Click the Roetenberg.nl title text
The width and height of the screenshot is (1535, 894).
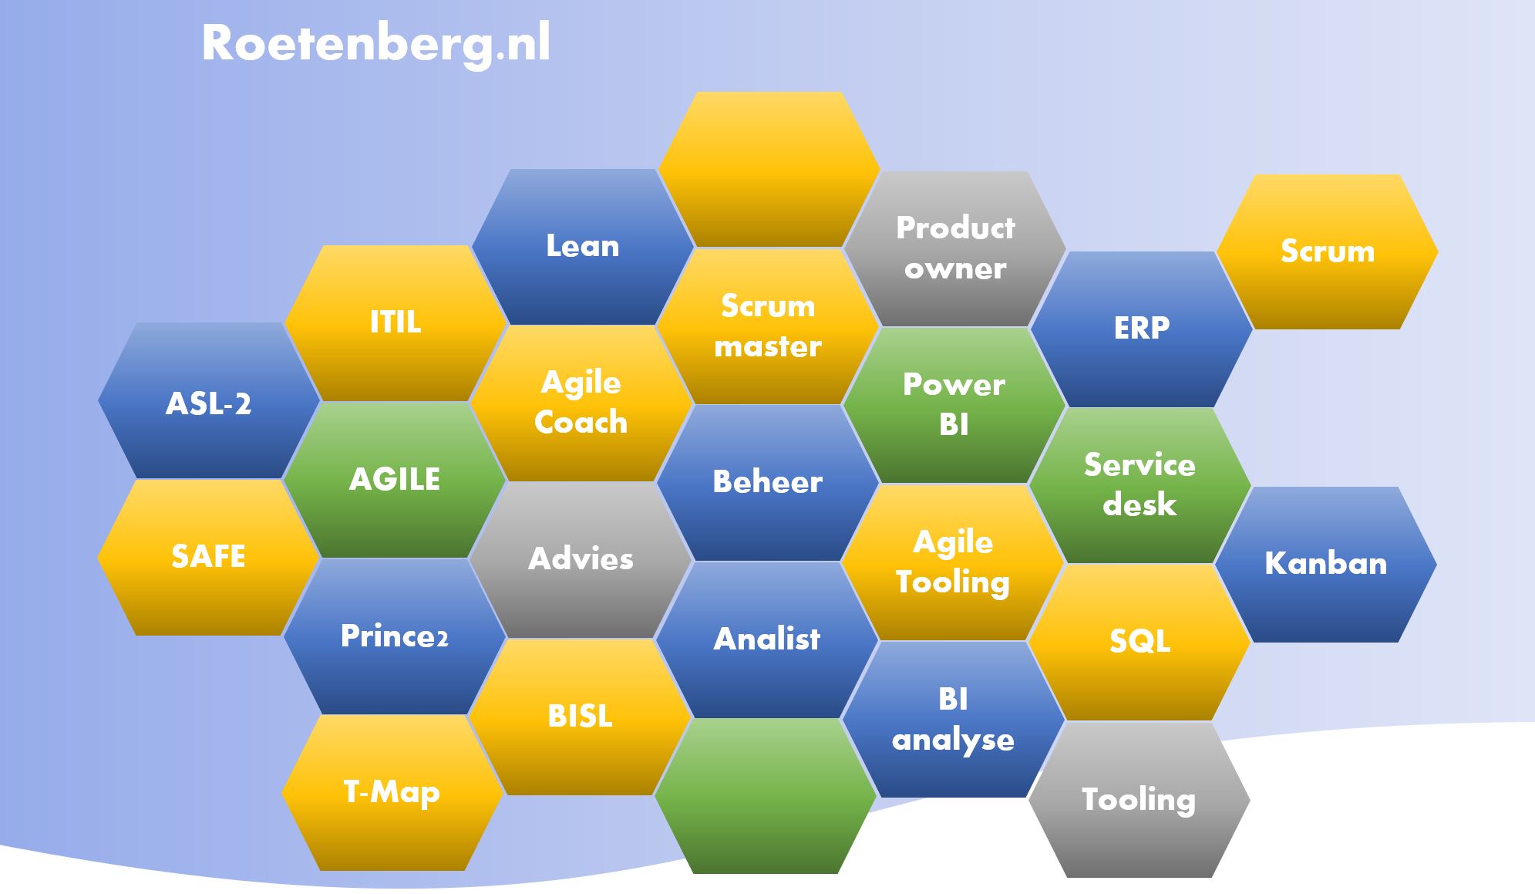(375, 43)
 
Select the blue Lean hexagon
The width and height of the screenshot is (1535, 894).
(583, 247)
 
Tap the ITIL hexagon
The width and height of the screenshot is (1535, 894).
(396, 322)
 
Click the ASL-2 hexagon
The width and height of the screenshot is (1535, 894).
(209, 401)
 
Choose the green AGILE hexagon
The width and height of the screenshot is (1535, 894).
(395, 480)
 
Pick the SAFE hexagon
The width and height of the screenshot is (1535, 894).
(209, 558)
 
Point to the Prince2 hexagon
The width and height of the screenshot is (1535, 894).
(395, 637)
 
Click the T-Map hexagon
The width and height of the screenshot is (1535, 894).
(392, 793)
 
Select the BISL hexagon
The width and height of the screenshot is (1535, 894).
(580, 717)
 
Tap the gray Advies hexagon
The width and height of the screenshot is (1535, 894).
(581, 560)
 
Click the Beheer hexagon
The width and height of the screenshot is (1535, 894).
(768, 483)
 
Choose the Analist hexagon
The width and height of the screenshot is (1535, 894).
(767, 640)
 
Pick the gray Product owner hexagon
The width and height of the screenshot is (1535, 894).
(955, 248)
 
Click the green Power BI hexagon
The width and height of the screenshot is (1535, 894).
(954, 405)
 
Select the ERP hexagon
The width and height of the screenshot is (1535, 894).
(1142, 329)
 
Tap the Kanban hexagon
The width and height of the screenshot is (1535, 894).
(1326, 565)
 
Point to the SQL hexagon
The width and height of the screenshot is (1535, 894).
(1139, 643)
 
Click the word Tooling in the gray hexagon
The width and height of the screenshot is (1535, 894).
(1139, 800)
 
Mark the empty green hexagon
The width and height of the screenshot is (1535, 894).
(766, 796)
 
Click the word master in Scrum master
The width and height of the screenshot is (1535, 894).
(768, 347)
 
